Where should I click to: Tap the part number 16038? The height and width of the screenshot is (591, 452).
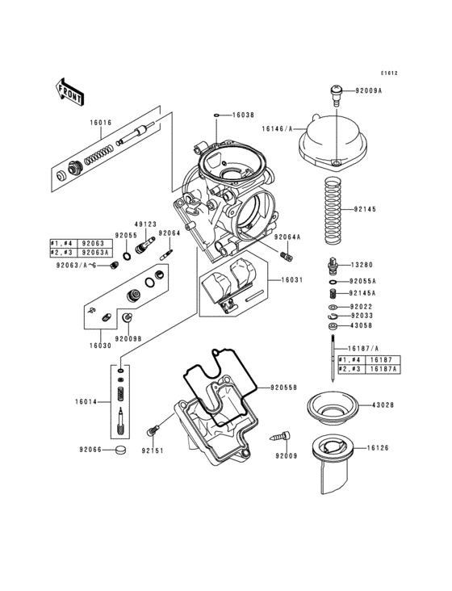(244, 116)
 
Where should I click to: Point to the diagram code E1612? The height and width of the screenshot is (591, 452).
(391, 73)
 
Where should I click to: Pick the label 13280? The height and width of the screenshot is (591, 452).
(362, 265)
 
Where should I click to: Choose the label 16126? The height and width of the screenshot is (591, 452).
(379, 446)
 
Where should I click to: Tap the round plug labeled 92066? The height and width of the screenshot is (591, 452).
(121, 450)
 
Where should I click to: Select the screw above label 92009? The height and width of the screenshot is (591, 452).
(285, 437)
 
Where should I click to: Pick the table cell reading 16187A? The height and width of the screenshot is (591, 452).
(383, 368)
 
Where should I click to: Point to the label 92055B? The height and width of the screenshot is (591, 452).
(285, 388)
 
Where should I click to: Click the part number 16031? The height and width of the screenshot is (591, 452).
(291, 279)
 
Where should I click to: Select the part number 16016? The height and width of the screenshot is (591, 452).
(101, 123)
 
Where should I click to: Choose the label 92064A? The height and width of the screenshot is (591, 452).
(287, 237)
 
